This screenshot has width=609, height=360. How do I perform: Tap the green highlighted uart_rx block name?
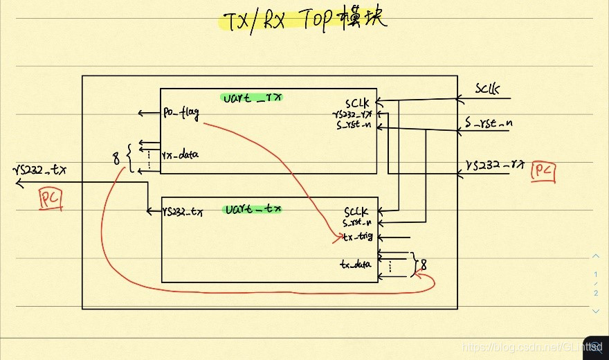click(x=253, y=98)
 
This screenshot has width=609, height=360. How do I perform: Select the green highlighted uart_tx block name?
click(x=254, y=208)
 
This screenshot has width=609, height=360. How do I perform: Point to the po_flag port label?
click(x=181, y=113)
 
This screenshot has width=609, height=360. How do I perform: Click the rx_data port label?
click(x=180, y=154)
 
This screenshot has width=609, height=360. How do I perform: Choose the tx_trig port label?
click(x=358, y=236)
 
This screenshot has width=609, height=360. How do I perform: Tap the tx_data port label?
click(x=355, y=264)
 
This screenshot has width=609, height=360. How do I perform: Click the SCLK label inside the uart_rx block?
click(x=358, y=102)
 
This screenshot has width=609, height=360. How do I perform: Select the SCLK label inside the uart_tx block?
click(x=358, y=211)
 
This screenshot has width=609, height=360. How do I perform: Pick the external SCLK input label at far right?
click(x=488, y=89)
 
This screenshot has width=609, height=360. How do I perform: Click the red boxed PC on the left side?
click(x=50, y=199)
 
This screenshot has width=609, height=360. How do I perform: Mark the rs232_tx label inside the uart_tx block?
click(x=183, y=211)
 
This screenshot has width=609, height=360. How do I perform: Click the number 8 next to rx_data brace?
click(x=116, y=159)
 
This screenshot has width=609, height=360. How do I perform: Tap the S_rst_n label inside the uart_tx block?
click(x=358, y=223)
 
